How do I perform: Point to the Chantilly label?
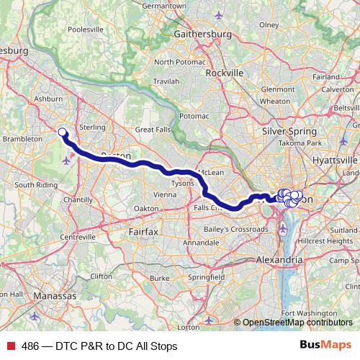77,199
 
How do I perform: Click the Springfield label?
206,276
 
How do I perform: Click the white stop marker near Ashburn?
62,132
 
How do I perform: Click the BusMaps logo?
325,346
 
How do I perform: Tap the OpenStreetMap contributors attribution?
297,322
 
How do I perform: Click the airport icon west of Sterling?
68,160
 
